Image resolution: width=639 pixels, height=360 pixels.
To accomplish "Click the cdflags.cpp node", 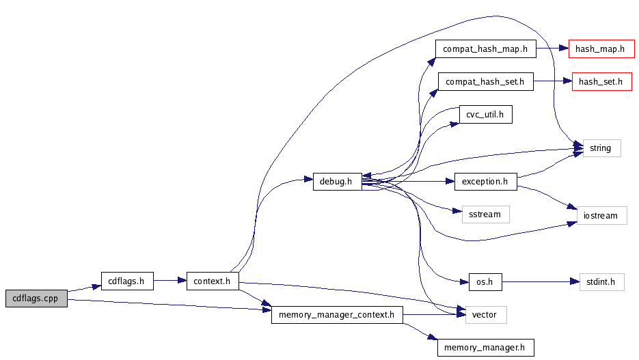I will coord(36,299).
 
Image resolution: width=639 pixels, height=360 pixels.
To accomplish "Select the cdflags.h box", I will coord(127,280).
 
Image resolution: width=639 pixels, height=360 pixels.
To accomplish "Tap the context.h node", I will coord(213,281).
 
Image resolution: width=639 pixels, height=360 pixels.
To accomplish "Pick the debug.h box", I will coord(337,182).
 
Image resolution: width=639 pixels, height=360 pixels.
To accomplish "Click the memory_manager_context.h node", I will coord(337,315).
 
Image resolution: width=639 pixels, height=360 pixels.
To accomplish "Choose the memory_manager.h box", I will coord(485,347).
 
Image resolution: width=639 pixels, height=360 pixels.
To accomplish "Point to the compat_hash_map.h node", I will coord(485,49).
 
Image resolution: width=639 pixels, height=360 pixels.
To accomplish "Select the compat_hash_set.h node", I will coord(485,82).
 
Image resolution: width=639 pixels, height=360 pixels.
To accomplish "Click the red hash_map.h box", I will coord(601,49).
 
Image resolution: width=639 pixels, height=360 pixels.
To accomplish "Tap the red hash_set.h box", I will coord(601,82).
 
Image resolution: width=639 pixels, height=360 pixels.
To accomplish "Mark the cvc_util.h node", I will coord(485,115).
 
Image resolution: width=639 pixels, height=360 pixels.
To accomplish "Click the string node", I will coord(601,148).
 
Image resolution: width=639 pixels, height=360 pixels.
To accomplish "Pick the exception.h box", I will coord(485,182).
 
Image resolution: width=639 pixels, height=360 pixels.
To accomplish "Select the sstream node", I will coord(485,214).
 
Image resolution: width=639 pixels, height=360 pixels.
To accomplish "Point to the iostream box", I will coord(601,215).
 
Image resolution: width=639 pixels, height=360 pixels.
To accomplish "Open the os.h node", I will coord(485,281).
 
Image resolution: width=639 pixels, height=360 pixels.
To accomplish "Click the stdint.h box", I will coord(601,281).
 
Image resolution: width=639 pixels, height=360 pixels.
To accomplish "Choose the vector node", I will coord(485,315).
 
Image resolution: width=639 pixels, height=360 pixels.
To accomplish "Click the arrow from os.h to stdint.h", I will coord(540,281).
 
